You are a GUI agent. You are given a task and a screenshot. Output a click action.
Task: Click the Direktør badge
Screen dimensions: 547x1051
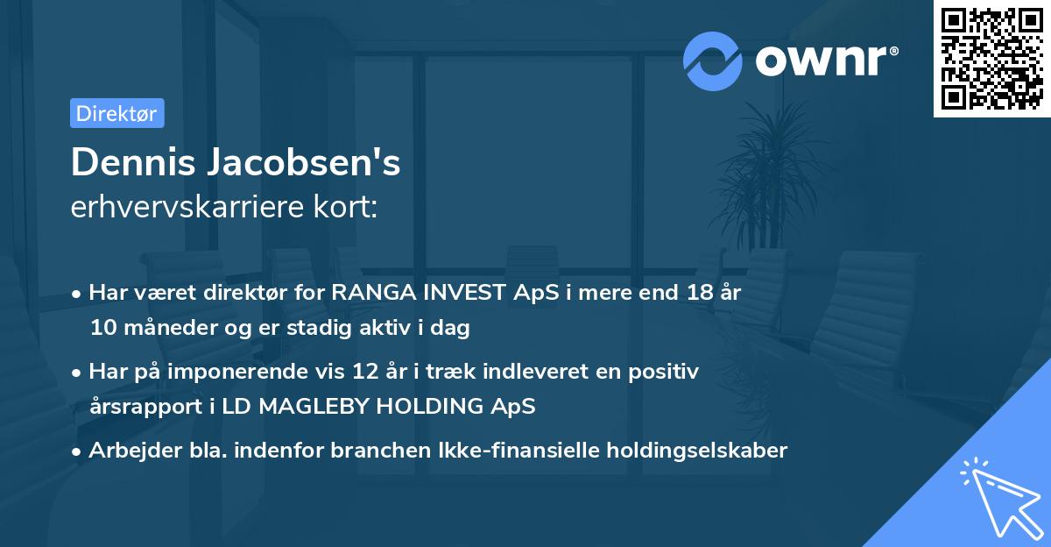[116, 113]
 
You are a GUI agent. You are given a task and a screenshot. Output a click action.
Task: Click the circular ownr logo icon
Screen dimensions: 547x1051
[713, 61]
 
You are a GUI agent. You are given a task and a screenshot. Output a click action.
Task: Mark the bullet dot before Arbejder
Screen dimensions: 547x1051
[77, 451]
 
